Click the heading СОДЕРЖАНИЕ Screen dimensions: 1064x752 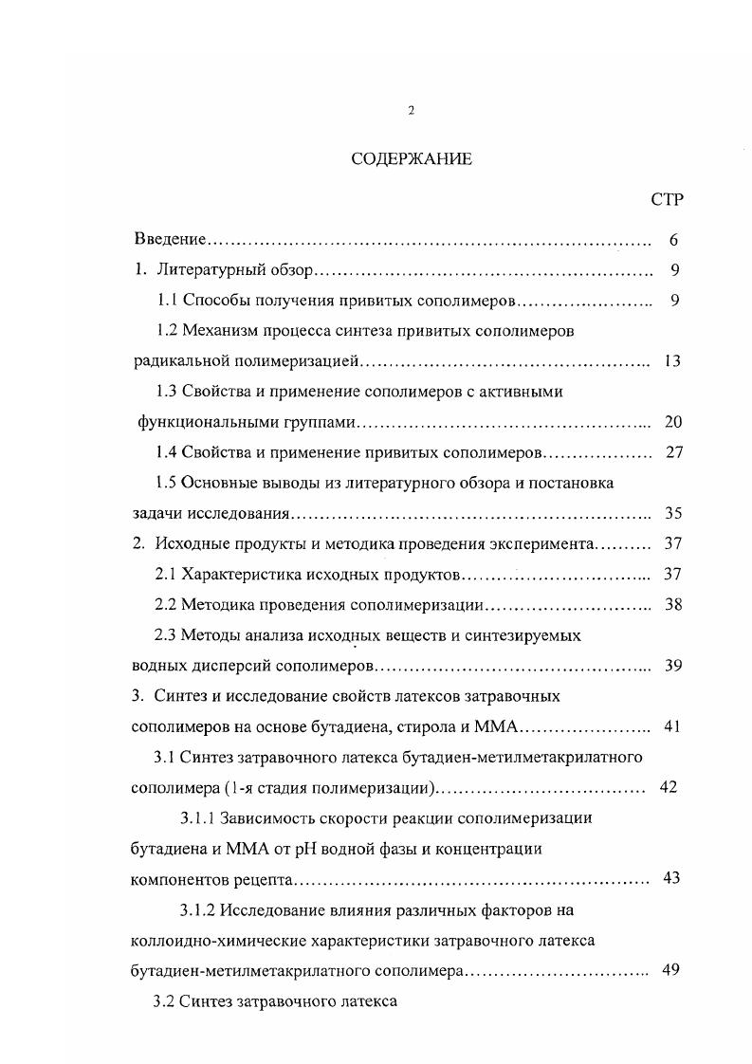tap(412, 158)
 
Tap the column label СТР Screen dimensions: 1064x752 tap(668, 199)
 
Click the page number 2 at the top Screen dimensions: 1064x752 tap(411, 111)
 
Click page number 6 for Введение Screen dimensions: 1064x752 tap(672, 240)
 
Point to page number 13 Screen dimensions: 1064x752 tap(673, 361)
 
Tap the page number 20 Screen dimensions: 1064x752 tap(673, 422)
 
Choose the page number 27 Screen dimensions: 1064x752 tap(674, 452)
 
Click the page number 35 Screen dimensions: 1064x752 tap(673, 513)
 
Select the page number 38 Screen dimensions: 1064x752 tap(673, 604)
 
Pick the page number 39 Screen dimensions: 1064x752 tap(673, 665)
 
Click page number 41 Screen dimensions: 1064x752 tap(673, 726)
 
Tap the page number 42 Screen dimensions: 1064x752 tap(668, 787)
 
